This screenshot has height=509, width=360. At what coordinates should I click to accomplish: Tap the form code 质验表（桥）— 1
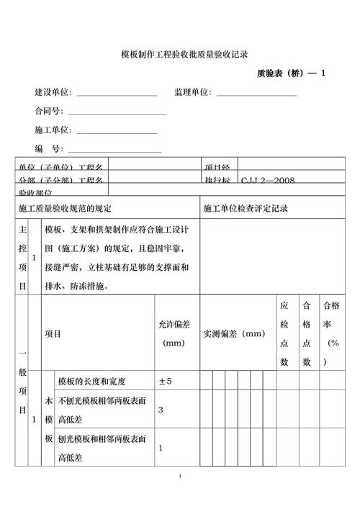(x=291, y=73)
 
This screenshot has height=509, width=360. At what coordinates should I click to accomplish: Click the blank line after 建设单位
(x=117, y=95)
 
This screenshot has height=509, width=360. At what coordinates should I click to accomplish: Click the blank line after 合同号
(x=116, y=114)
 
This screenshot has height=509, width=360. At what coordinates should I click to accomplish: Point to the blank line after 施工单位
(x=117, y=132)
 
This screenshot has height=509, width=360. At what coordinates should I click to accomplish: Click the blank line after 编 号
(x=114, y=151)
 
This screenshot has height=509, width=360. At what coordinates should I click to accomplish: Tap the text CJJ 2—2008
(x=267, y=180)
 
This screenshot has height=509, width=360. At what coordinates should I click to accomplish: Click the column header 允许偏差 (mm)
(x=174, y=334)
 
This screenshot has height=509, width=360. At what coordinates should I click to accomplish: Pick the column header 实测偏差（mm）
(x=234, y=334)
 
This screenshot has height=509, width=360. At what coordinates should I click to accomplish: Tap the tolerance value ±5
(x=165, y=380)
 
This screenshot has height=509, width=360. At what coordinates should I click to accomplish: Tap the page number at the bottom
(x=180, y=477)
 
